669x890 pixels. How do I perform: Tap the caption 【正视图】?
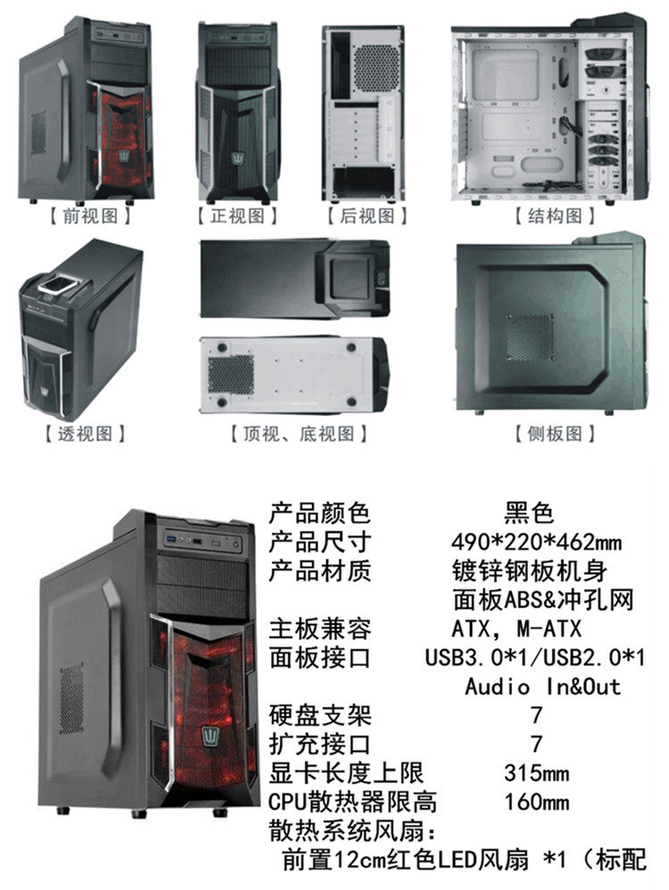pos(237,216)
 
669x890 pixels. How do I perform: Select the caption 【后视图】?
pos(366,216)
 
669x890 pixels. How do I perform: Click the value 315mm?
pos(536,773)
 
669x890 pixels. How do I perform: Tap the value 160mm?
pos(536,802)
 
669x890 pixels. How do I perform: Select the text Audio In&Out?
pos(543,686)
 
